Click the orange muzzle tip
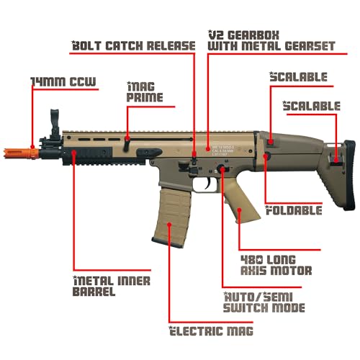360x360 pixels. (21, 153)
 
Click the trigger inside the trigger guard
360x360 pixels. (208, 183)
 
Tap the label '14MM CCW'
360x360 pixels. (63, 82)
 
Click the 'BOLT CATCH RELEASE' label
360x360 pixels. (133, 45)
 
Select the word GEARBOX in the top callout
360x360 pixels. (253, 35)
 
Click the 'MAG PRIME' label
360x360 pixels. (145, 91)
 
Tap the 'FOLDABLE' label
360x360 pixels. (294, 210)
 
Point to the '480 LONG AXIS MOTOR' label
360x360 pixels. (276, 265)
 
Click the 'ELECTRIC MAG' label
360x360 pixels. (211, 330)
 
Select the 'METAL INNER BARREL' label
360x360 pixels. (112, 286)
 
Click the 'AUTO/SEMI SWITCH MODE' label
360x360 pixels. (264, 302)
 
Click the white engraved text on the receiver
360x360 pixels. (222, 150)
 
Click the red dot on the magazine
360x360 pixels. (169, 225)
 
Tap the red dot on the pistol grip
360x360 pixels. (239, 210)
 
